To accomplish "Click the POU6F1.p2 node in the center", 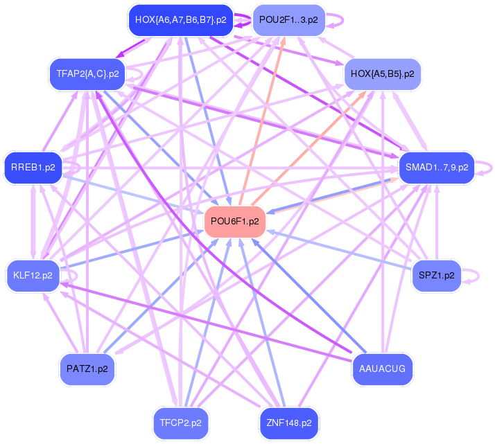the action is [235, 222].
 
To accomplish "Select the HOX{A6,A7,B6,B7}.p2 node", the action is [181, 20].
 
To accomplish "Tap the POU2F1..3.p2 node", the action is [288, 20].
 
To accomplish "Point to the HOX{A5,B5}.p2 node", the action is [382, 73].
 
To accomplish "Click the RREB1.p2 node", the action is [33, 167].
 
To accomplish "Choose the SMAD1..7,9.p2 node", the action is [437, 167].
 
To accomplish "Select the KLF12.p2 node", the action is [33, 275].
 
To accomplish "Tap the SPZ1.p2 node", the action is [437, 275].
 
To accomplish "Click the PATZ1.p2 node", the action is [87, 368].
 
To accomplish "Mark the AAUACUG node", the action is [382, 368].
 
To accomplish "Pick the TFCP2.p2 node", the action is [180, 422].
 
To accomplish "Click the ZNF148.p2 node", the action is [288, 422].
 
